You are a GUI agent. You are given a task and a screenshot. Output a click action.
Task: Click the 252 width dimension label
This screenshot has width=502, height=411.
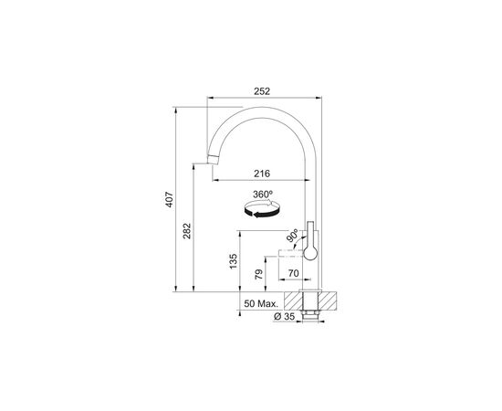coord(262,91)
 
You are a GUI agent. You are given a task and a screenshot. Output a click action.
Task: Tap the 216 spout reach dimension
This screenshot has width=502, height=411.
coord(262,174)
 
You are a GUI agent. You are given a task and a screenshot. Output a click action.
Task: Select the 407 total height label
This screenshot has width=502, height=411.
coord(170,199)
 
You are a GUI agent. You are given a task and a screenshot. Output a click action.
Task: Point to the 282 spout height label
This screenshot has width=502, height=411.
coord(186,231)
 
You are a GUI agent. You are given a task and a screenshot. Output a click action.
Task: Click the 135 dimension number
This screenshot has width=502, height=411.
coord(233,261)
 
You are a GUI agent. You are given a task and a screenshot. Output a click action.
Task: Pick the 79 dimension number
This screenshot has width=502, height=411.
coord(258,274)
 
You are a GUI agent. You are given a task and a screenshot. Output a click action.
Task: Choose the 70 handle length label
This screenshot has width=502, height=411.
coord(293,273)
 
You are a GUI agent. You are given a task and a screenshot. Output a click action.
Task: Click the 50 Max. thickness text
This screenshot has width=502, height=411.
coord(261,304)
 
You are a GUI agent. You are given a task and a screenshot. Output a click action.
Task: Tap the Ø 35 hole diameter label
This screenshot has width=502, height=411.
coord(284,317)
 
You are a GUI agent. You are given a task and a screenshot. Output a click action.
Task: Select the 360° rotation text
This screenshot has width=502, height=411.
coord(263,195)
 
